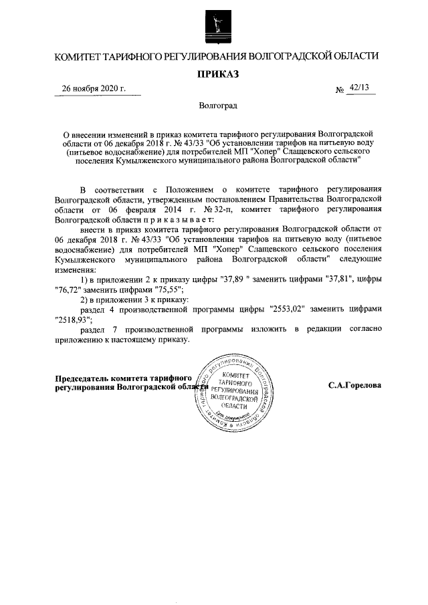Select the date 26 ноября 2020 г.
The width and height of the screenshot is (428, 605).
point(93,90)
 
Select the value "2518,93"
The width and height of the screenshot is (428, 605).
point(71,319)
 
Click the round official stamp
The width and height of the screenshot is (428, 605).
point(234,394)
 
